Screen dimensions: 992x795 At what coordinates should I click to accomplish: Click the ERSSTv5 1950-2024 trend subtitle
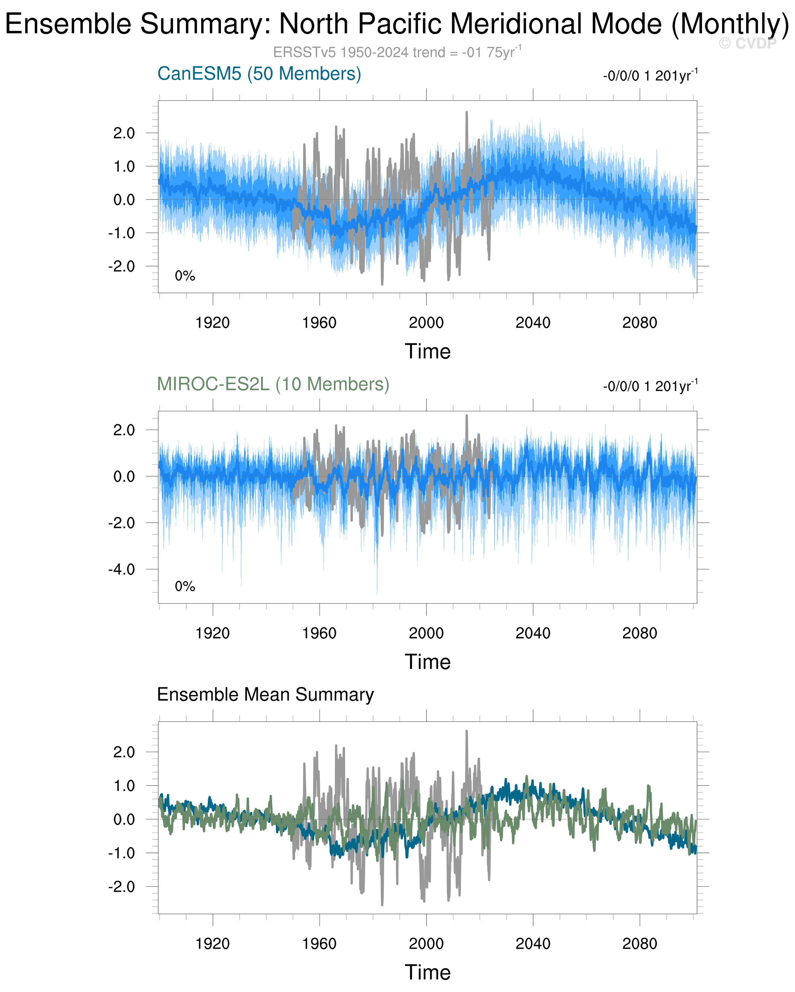click(x=397, y=52)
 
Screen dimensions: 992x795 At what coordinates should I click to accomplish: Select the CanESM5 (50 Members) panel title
click(x=259, y=74)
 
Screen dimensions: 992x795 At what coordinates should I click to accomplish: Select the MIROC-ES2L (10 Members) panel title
click(x=273, y=384)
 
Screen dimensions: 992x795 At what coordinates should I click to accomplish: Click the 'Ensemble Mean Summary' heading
click(x=265, y=694)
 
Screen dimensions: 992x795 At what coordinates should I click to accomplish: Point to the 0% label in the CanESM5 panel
click(x=185, y=276)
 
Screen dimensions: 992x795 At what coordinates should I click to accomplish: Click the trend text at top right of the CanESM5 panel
click(x=650, y=76)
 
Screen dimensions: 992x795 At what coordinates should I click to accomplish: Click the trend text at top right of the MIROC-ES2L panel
click(x=650, y=386)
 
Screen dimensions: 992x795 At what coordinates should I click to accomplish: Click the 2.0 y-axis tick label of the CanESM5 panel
click(x=124, y=134)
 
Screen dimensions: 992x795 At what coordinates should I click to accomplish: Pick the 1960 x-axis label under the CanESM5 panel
click(x=319, y=323)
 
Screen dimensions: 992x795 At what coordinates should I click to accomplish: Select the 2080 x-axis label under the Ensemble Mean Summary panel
click(x=639, y=944)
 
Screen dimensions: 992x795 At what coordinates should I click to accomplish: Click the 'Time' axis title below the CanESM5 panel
click(x=427, y=352)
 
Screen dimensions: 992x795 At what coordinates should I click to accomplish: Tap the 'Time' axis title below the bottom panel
click(x=427, y=972)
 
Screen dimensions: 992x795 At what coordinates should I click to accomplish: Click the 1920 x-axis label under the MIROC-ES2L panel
click(x=212, y=634)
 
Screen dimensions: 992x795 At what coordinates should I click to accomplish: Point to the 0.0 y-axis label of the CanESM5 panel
click(x=124, y=200)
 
